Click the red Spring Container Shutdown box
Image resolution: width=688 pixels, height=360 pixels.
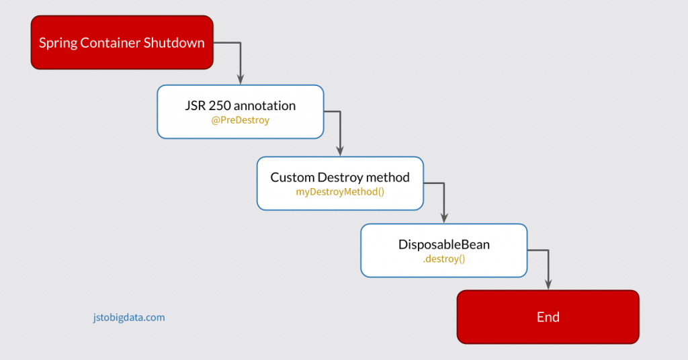point(122,43)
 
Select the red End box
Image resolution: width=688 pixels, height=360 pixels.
point(548,317)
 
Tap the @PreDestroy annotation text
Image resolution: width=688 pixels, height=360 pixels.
point(240,121)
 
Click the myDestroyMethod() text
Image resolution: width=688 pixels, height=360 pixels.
point(340,192)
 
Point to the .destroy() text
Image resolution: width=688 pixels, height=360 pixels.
point(443,259)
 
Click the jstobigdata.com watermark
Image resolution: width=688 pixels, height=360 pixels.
point(128,317)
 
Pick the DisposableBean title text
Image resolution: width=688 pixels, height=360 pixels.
point(443,244)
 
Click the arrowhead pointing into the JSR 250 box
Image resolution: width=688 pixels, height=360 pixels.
point(241,80)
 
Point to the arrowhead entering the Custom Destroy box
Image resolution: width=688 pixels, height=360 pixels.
point(340,151)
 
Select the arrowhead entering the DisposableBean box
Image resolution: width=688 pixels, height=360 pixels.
point(443,218)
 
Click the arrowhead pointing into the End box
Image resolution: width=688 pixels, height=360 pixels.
point(548,285)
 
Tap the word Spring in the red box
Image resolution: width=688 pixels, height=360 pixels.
point(58,43)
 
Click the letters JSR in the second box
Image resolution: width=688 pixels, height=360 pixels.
point(195,106)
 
